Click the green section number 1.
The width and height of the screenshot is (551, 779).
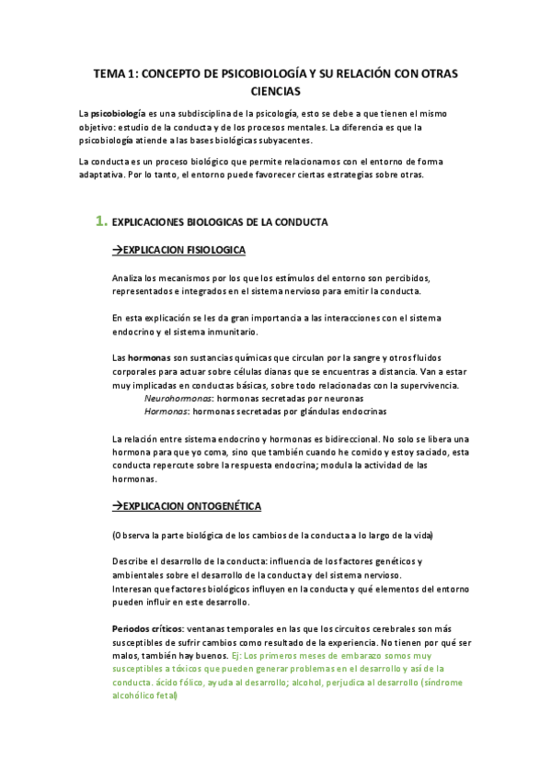(x=101, y=221)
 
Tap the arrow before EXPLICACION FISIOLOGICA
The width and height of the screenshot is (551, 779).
(x=117, y=250)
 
